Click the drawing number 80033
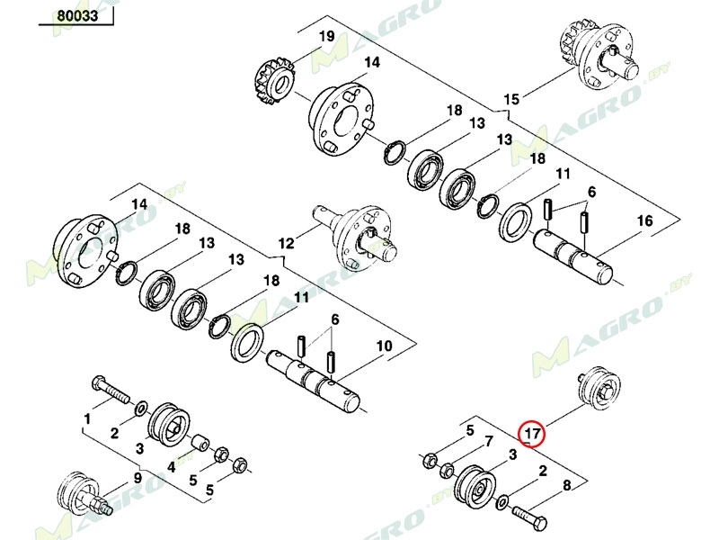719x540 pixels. [76, 15]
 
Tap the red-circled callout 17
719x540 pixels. [532, 434]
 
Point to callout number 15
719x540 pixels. [511, 99]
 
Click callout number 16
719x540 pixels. [644, 221]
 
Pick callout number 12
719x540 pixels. [286, 243]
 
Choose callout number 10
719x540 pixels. [384, 346]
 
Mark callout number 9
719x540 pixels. [138, 478]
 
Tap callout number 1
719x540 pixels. [87, 419]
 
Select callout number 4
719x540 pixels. [171, 465]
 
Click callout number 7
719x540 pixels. [488, 442]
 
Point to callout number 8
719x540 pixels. [565, 487]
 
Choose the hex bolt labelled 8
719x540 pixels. [530, 519]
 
